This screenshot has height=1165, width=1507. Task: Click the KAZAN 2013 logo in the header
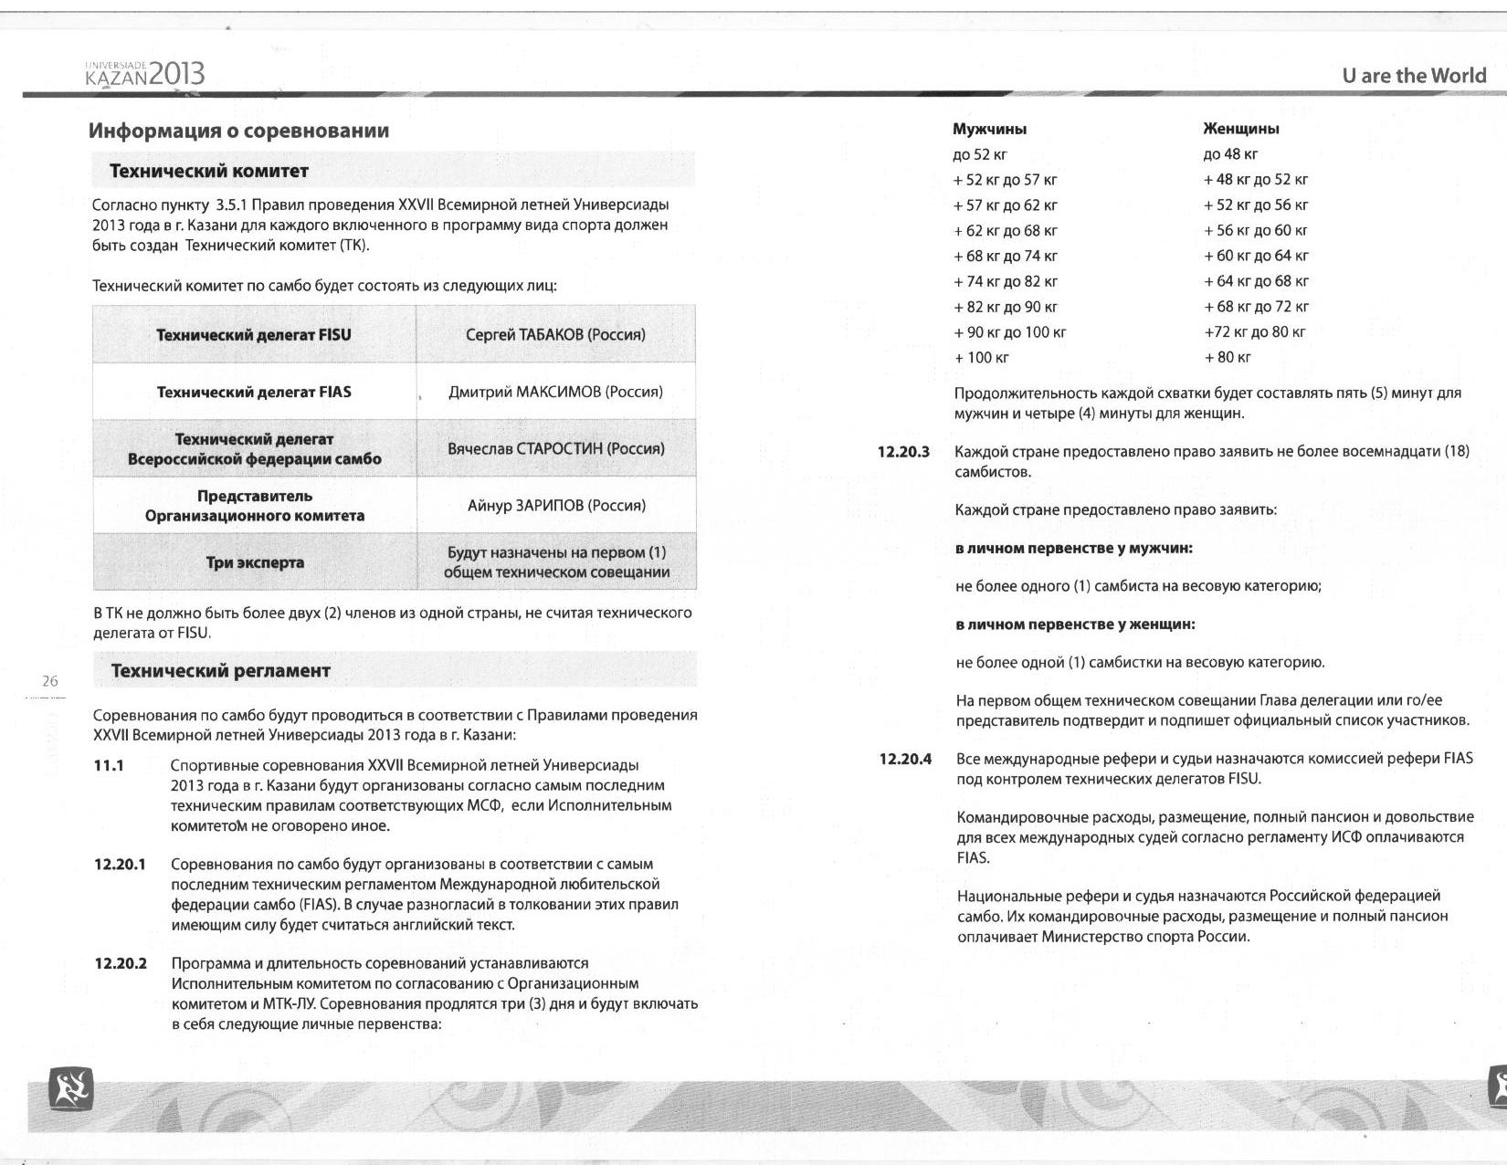[x=144, y=73]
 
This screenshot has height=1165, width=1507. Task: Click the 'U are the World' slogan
[x=1414, y=76]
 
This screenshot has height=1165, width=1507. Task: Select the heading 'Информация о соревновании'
[x=238, y=131]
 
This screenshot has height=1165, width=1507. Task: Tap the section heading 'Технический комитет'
[x=209, y=171]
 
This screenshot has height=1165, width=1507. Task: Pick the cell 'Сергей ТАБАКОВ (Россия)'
[x=555, y=334]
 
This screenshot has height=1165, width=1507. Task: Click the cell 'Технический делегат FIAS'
[x=254, y=392]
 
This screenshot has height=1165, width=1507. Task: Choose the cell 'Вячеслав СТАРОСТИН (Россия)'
[x=555, y=448]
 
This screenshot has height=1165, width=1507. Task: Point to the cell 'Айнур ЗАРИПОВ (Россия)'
[x=555, y=505]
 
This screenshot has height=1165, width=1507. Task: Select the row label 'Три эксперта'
[x=254, y=562]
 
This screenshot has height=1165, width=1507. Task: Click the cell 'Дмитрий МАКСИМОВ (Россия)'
[x=555, y=392]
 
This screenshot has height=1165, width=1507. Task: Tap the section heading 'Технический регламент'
[x=220, y=671]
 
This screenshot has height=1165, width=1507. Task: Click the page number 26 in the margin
[x=50, y=680]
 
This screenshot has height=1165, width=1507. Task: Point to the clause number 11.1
[x=109, y=765]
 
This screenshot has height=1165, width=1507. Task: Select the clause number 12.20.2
[x=121, y=963]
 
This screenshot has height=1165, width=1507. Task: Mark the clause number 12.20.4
[x=905, y=759]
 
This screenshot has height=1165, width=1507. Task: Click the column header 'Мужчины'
[x=989, y=129]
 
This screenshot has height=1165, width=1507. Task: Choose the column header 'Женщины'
[x=1241, y=129]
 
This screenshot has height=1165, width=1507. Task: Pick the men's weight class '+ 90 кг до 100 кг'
[x=1009, y=332]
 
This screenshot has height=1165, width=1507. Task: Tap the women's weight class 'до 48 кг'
[x=1230, y=154]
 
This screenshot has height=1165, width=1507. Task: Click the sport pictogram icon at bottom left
[x=70, y=1088]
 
